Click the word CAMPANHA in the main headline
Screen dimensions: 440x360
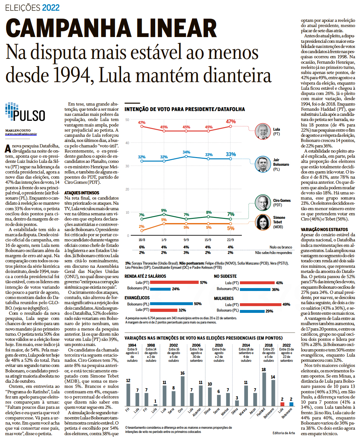(x=68, y=28)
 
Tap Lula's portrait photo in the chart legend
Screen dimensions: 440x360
(x=263, y=131)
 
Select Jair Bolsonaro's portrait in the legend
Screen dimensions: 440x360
(x=263, y=164)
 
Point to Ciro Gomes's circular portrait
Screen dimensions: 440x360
(x=263, y=203)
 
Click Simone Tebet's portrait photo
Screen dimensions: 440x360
(x=263, y=222)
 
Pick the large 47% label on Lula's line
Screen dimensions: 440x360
(x=231, y=122)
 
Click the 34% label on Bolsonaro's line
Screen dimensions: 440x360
(x=186, y=152)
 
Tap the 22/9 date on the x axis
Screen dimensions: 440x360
(x=230, y=240)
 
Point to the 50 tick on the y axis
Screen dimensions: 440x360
(x=127, y=120)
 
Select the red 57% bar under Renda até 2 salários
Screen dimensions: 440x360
(x=174, y=282)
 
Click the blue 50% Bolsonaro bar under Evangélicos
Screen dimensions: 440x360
(x=171, y=304)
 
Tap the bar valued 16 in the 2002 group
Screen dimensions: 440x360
(x=183, y=391)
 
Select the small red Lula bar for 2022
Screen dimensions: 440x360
(x=282, y=404)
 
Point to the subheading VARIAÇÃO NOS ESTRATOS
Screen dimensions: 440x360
(x=324, y=229)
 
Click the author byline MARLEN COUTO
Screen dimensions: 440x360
(x=18, y=131)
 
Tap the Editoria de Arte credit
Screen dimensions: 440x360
(x=283, y=433)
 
